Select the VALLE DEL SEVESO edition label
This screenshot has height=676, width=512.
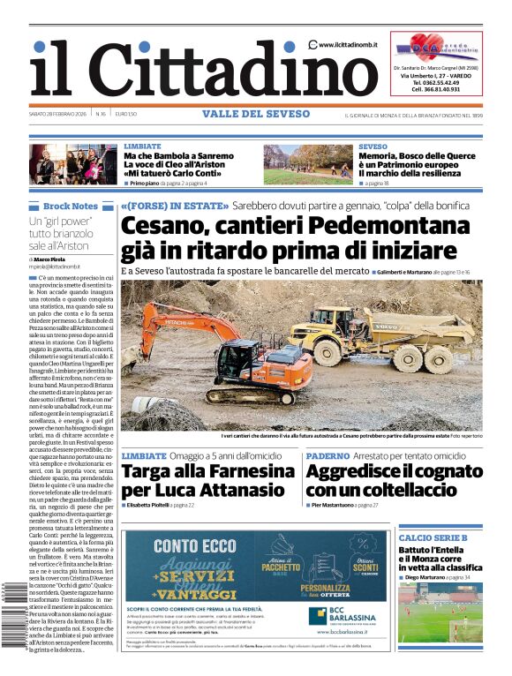pos(255,114)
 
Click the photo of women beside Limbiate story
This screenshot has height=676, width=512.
pos(75,164)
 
